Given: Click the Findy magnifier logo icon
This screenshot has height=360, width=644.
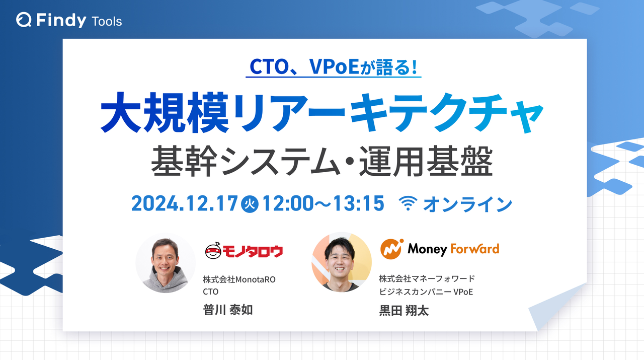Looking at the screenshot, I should click(24, 20).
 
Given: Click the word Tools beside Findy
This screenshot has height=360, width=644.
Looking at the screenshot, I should click(107, 21).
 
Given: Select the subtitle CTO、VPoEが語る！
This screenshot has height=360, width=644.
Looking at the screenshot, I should click(333, 67).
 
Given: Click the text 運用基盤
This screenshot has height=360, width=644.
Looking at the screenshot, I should click(426, 161).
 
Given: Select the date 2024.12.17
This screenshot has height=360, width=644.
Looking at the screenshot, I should click(184, 203).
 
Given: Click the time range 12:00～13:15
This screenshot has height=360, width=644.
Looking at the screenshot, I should click(323, 203).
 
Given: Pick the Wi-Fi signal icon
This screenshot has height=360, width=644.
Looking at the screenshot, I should click(409, 204).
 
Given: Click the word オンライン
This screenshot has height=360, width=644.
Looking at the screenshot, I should click(467, 204).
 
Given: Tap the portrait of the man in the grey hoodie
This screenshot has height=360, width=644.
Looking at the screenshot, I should click(166, 263).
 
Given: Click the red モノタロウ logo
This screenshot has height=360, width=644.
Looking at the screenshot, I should click(244, 250).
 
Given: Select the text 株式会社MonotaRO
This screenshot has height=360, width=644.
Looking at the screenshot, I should click(239, 279).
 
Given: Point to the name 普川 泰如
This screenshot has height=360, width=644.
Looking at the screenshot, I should click(227, 310).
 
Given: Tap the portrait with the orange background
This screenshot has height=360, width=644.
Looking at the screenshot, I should click(342, 262).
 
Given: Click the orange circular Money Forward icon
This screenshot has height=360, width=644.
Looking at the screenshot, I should click(390, 249).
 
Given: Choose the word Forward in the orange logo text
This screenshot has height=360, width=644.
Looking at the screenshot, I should click(474, 249).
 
